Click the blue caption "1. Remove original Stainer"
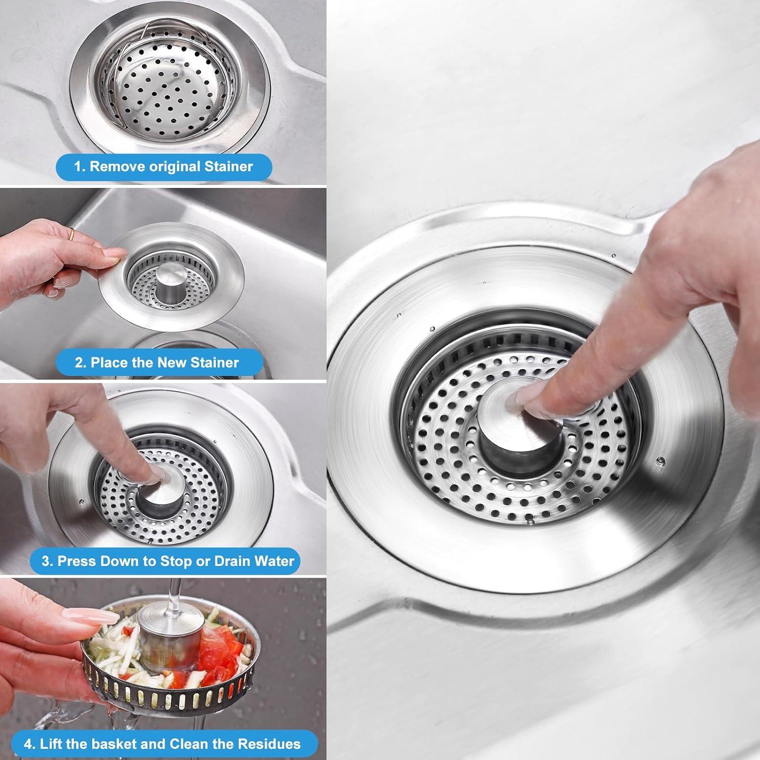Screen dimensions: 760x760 coord(163,167)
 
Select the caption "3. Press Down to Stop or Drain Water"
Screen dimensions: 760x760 coord(168,561)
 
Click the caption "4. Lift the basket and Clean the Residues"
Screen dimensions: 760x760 coord(162,744)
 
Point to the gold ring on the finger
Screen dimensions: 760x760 coord(72,234)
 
